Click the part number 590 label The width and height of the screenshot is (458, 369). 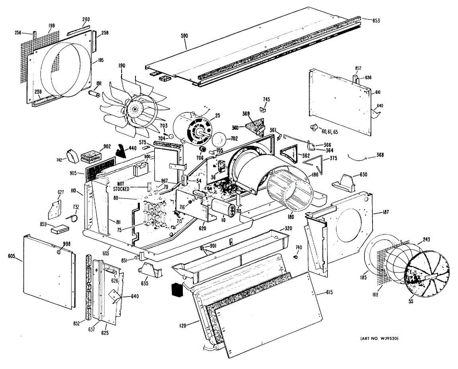tap(185, 36)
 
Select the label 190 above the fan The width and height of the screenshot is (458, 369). tap(122, 66)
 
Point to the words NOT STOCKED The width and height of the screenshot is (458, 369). tap(121, 186)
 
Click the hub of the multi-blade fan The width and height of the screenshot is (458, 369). tap(134, 110)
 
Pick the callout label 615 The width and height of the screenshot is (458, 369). tap(329, 293)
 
